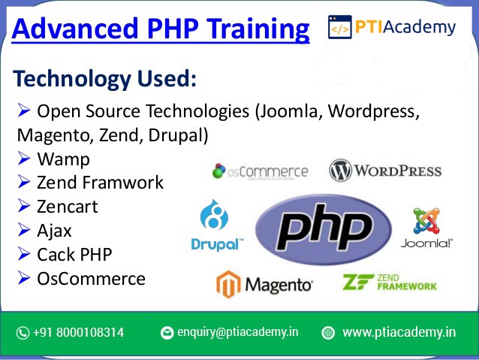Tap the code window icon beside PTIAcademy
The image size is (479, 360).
339,27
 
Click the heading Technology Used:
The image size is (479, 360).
104,79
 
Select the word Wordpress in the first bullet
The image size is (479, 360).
374,110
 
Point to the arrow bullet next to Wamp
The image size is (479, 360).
24,158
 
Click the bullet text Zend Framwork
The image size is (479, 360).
100,183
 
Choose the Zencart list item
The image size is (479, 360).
68,207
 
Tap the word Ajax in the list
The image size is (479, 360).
54,231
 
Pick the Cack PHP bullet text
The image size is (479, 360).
74,255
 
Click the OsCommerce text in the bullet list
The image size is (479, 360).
91,279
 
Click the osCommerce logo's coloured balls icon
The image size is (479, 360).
219,171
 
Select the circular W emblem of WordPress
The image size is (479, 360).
340,171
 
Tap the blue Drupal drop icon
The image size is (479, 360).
214,215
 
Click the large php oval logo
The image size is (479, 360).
324,229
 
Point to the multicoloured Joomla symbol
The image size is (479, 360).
426,220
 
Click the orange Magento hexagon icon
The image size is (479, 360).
228,284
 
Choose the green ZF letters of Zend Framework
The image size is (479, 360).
358,282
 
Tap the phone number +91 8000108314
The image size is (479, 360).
78,332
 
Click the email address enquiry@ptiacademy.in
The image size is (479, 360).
238,332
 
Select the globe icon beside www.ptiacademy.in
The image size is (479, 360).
328,333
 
